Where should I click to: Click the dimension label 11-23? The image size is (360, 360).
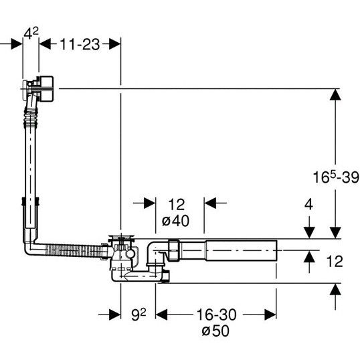[80, 44]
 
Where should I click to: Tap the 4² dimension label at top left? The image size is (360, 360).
[31, 33]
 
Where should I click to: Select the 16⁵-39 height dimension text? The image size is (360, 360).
[336, 177]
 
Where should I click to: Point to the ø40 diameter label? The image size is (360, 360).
[175, 221]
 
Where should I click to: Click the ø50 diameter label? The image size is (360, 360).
[215, 331]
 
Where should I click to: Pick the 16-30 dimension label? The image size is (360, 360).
[216, 314]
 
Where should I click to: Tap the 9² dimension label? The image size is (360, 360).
[139, 314]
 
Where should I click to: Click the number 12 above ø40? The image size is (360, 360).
[177, 204]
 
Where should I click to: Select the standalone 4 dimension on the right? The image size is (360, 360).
[308, 204]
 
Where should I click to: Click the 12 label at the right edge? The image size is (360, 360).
[335, 261]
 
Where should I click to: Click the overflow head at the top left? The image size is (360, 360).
[38, 88]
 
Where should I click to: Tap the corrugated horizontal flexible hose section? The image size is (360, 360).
[74, 250]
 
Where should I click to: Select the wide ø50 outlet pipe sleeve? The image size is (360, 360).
[241, 250]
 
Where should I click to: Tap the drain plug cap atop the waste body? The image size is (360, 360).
[121, 237]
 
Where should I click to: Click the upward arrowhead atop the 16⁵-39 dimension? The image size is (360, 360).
[335, 94]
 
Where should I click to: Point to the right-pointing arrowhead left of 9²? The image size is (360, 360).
[115, 314]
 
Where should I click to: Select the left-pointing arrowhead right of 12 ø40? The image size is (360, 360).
[210, 203]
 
